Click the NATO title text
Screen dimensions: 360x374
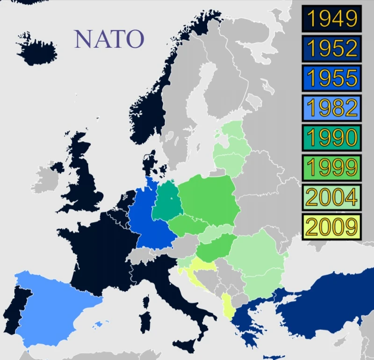pos(108,39)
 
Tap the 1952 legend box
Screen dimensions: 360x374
pos(331,49)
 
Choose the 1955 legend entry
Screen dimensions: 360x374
pos(331,78)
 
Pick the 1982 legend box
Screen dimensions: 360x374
pos(331,108)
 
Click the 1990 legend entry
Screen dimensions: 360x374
pos(331,137)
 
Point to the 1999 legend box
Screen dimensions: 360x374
pos(331,167)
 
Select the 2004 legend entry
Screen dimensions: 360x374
pos(331,197)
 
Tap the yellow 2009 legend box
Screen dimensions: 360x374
pos(331,227)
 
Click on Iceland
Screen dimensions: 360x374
pos(36,50)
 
